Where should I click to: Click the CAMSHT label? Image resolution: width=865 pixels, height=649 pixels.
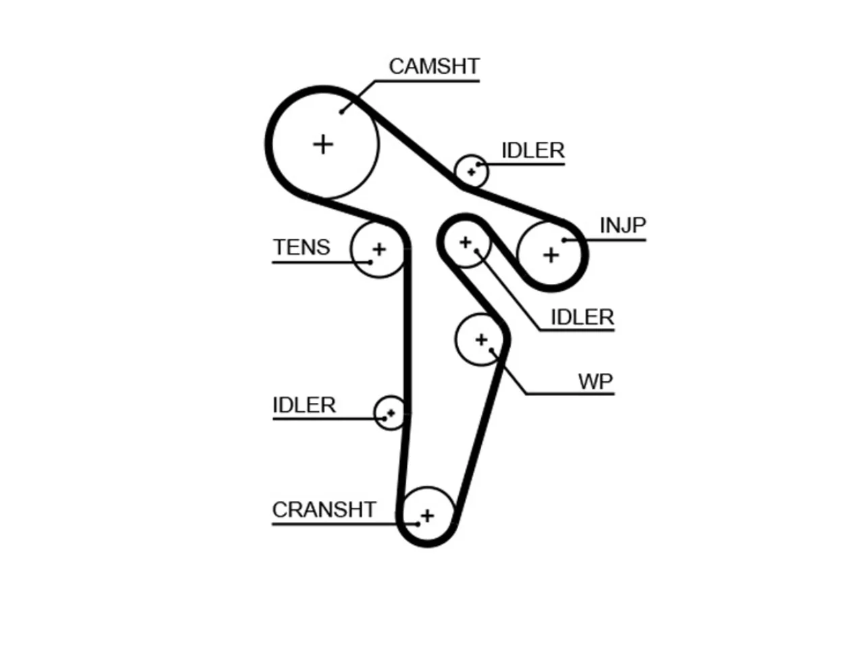434,66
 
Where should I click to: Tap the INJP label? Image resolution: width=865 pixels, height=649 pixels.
622,225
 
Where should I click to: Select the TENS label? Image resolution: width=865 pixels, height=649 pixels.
301,247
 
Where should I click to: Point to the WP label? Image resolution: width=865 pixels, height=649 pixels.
595,381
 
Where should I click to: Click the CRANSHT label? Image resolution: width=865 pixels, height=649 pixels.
324,510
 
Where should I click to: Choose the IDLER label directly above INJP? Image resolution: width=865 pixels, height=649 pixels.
533,151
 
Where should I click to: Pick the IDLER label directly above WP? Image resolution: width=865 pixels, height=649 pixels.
582,317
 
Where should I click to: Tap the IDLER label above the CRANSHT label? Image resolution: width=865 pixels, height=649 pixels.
304,405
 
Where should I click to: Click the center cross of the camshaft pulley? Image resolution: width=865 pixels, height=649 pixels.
323,145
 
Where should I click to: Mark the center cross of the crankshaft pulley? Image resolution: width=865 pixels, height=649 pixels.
427,516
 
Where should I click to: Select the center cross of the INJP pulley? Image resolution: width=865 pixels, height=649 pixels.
551,256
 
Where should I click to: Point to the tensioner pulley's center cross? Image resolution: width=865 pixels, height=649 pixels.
379,249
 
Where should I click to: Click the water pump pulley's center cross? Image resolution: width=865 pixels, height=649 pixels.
481,339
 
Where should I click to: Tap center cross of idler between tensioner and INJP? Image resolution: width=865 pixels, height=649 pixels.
466,242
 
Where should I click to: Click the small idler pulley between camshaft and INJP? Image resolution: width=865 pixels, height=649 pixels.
471,172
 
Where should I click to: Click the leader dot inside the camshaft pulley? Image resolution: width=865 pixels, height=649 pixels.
342,112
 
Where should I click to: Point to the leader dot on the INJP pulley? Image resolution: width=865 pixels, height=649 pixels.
564,240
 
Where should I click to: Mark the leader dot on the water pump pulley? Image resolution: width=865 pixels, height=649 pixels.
491,350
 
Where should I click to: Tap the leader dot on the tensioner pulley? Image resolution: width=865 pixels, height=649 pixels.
370,262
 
